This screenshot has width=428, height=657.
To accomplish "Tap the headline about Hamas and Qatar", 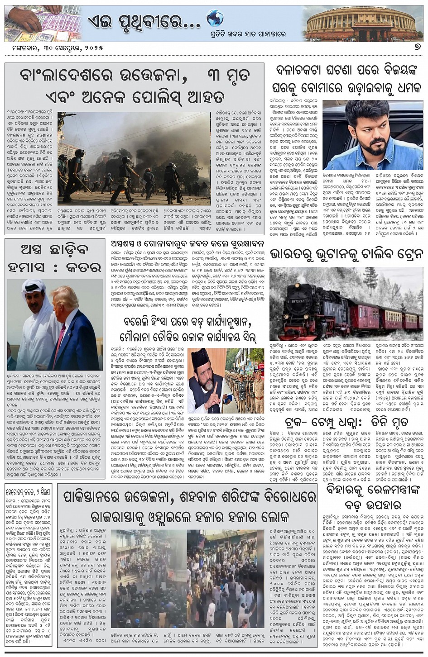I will point(54,258).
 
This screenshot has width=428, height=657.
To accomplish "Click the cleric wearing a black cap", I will point(203,370).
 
